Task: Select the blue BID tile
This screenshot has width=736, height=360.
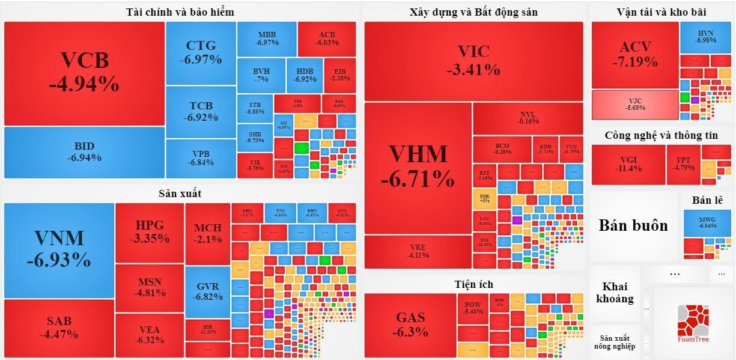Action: point(84,152)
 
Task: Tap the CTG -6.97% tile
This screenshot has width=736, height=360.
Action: point(201,53)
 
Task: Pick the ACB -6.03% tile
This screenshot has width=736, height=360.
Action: point(327,38)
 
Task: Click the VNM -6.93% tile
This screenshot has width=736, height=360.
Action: point(59,250)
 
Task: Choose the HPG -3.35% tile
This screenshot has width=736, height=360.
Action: point(149,232)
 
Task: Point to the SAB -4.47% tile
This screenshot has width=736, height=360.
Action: point(59,328)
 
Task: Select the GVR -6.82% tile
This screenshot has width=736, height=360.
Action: point(208,291)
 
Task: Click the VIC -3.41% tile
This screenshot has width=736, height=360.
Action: point(473,61)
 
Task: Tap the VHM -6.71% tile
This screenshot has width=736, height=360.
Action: point(418,166)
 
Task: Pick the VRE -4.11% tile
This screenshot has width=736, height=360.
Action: point(418,251)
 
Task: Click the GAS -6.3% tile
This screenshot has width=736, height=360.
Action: point(410,325)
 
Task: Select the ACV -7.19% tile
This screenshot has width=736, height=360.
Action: point(635,55)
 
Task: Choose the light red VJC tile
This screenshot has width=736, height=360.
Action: point(635,105)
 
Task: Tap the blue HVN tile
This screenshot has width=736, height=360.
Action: point(706,37)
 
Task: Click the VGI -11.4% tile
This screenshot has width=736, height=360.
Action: point(628,164)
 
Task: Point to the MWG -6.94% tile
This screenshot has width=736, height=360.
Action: point(707,223)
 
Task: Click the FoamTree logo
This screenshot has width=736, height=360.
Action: point(693,323)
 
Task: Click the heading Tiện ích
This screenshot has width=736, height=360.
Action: point(474,284)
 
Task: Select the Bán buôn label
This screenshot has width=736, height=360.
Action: point(633,225)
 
